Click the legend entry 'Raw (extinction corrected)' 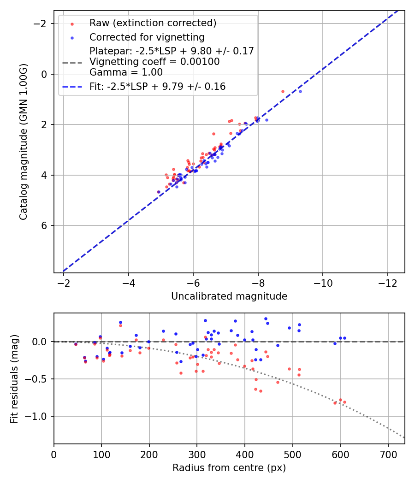pos(153,23)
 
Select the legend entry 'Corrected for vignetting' pos(147,37)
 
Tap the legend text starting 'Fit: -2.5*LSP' pos(157,87)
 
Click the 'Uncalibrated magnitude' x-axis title pos(229,296)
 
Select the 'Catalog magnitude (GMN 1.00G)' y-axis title pos(24,142)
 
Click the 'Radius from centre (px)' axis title pos(229,468)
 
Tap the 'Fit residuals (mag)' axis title pos(14,378)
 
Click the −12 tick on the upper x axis pos(387,282)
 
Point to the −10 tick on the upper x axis pos(322,282)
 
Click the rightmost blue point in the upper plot pos(300,91)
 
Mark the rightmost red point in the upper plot pos(283,91)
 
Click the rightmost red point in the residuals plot pos(344,402)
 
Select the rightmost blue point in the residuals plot pos(344,338)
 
